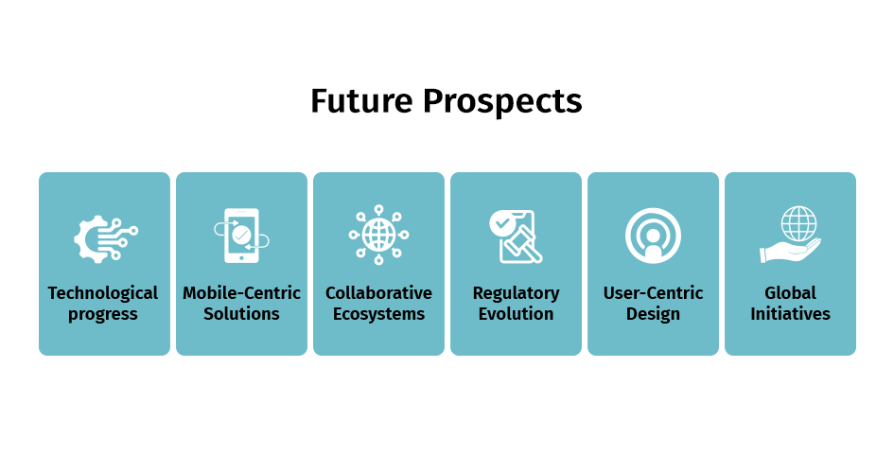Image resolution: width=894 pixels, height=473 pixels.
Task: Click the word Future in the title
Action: tap(361, 101)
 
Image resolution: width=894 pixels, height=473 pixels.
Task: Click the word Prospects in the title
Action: tap(502, 102)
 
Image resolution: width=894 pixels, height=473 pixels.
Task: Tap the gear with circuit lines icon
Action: tap(105, 238)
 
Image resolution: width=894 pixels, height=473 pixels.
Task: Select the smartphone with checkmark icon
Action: tap(242, 236)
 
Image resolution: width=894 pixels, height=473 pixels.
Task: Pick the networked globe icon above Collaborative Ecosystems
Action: tap(378, 235)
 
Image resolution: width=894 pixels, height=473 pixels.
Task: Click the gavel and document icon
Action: tap(516, 236)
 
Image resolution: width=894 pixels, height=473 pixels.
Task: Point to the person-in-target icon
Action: tap(654, 236)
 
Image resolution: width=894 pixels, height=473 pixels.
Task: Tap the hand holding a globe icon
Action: tap(790, 235)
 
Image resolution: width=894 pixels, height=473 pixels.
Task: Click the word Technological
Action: tap(103, 293)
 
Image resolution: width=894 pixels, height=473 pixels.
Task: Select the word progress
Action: tap(103, 315)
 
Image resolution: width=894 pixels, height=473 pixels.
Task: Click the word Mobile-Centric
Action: tap(242, 293)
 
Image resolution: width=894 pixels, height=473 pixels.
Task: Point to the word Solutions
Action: tap(242, 313)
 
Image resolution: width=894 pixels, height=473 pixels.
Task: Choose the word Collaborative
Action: tap(378, 293)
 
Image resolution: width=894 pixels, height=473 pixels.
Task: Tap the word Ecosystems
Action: tap(378, 314)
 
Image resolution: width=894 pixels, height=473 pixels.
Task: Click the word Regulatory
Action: tap(516, 293)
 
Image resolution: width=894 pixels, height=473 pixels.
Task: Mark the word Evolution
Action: tap(516, 313)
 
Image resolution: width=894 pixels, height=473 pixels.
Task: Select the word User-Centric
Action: tap(654, 293)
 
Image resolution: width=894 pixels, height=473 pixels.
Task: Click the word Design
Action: tap(654, 314)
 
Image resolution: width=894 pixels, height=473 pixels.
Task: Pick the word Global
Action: tap(790, 293)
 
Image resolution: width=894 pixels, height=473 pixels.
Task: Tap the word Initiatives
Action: tap(790, 313)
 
